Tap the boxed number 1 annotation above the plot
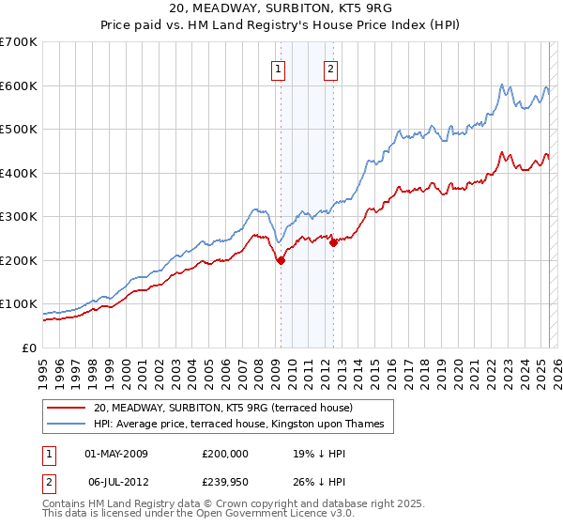coord(280,68)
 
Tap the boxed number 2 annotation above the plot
coord(332,68)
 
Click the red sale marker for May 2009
coord(281,261)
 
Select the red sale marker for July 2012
coord(333,243)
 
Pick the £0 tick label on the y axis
coord(28,348)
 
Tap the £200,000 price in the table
coord(225,454)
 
